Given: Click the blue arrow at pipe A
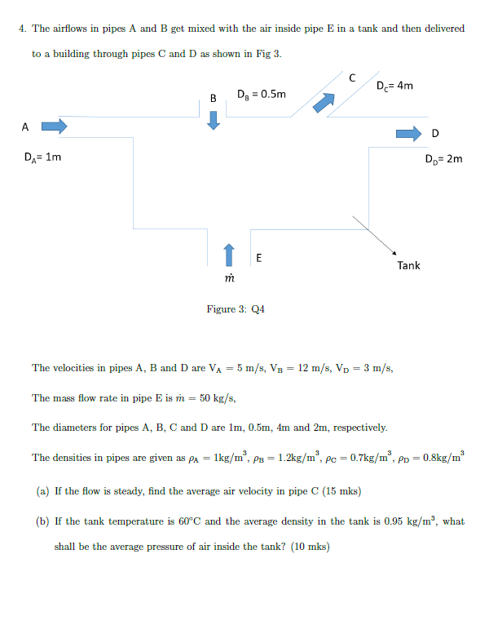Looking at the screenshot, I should click(54, 126).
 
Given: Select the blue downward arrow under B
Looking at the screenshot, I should click(214, 120).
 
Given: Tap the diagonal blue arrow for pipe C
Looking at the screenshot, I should click(324, 102).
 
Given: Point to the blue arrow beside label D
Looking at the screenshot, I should click(407, 133).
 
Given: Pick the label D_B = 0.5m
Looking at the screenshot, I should click(261, 94).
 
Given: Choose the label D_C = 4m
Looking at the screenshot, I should click(395, 86).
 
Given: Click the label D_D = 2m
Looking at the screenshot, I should click(443, 158).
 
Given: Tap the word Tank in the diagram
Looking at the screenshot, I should click(408, 265).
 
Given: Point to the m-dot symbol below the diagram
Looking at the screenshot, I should click(230, 278).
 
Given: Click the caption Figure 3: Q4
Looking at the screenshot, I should click(236, 309).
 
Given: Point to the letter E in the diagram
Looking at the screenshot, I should click(258, 258).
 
